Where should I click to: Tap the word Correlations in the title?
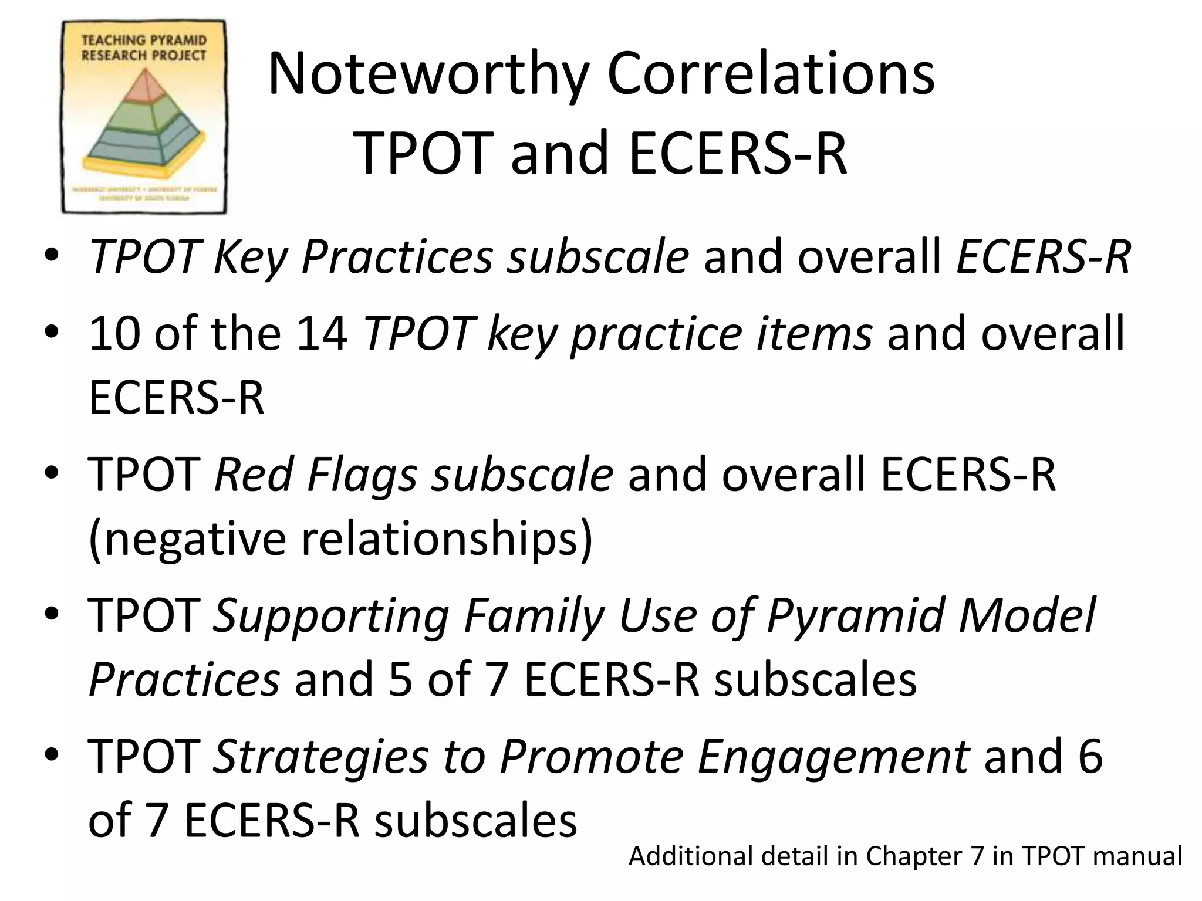(770, 74)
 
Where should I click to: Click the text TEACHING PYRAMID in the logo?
(144, 40)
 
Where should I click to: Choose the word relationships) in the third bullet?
(447, 539)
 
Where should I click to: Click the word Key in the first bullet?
(249, 258)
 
